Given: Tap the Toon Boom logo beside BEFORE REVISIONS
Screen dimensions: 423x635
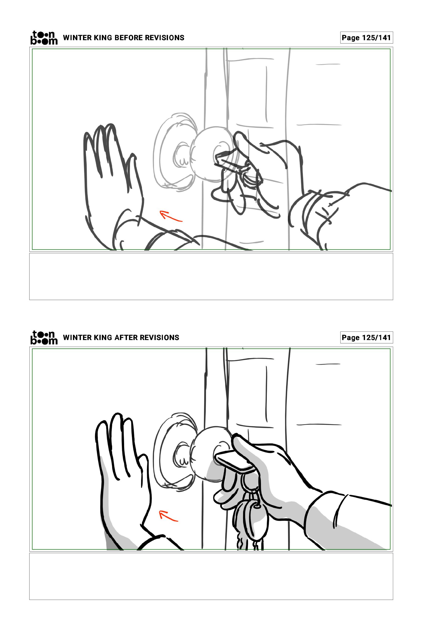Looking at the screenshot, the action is pos(44,37).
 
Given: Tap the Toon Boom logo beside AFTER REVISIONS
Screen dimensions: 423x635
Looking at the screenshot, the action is pos(44,338).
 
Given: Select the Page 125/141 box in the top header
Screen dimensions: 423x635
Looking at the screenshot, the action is pos(366,37).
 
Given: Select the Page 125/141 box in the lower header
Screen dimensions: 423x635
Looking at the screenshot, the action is pos(366,338).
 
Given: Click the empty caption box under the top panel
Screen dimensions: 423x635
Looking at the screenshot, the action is pos(211,276).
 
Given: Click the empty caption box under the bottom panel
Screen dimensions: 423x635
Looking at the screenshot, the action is pos(211,576).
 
